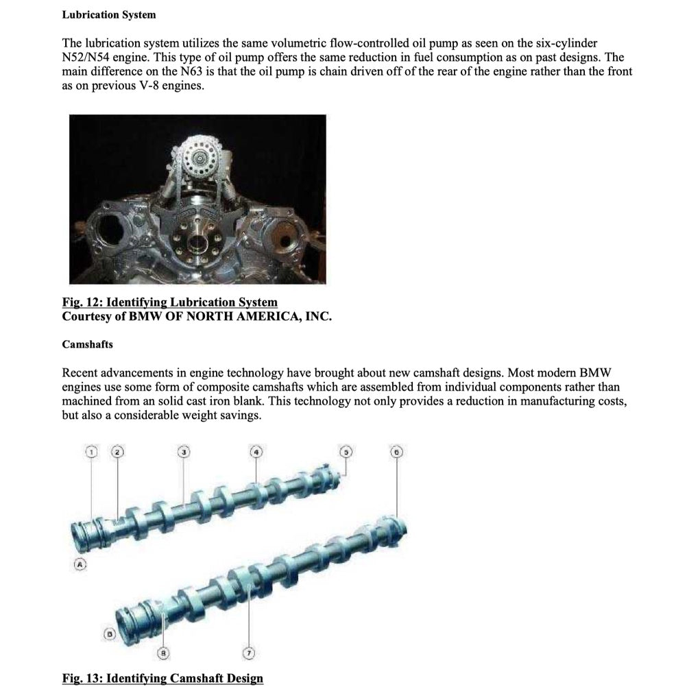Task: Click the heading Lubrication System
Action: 109,14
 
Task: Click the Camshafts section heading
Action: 87,343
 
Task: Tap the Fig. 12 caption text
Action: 170,302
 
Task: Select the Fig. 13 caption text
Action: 162,678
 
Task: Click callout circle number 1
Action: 93,452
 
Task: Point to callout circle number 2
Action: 118,452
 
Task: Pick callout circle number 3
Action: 184,452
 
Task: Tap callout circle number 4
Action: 256,452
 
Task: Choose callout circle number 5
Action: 347,452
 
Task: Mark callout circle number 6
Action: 397,452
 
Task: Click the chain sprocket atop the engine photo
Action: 199,156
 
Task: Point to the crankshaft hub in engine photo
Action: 197,242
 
